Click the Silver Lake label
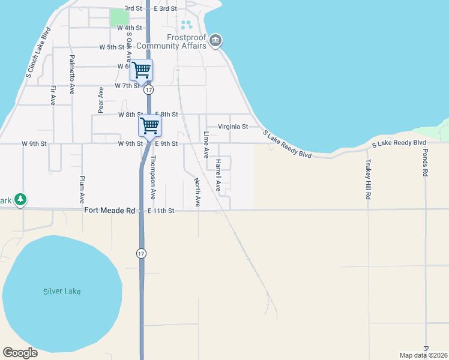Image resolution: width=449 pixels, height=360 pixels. pos(62,292)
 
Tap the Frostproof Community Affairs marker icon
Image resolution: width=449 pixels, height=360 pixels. pos(215,41)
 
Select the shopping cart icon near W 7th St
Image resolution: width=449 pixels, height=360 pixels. pos(142,70)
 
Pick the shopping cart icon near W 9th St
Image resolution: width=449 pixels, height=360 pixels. pos(150,125)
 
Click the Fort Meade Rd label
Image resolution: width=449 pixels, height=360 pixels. pos(110,211)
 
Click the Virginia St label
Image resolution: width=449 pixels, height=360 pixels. pos(233,127)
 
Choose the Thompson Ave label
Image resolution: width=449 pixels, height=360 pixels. pos(153,178)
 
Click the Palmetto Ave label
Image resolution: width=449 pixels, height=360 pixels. pos(72,74)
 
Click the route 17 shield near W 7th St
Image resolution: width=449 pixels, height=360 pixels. pos(148,89)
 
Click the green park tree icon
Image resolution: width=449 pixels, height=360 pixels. pos(20,199)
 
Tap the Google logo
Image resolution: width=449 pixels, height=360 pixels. pos(20,353)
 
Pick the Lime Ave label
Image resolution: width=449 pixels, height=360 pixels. pos(206,145)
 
